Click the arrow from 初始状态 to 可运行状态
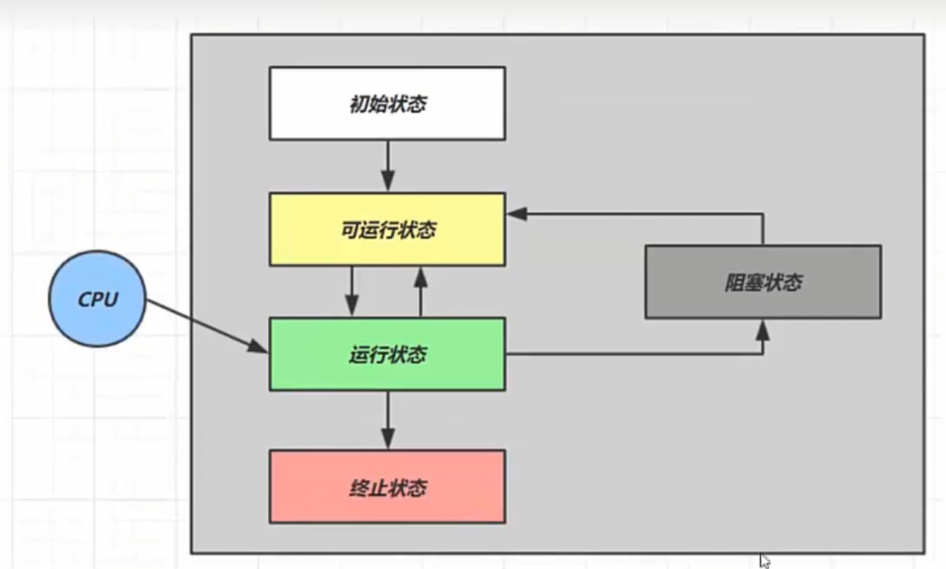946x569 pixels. [387, 165]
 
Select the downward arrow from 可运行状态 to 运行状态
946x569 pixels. [352, 291]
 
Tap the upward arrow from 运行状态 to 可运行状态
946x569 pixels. [421, 291]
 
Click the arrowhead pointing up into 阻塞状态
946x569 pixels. [762, 329]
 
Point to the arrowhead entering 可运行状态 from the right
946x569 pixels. [517, 214]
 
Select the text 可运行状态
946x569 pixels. [388, 230]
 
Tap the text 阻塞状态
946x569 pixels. [763, 283]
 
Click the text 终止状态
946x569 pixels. [388, 488]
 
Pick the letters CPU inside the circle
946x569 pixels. [98, 299]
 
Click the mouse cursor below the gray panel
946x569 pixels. [764, 560]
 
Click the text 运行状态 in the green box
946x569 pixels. [388, 355]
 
